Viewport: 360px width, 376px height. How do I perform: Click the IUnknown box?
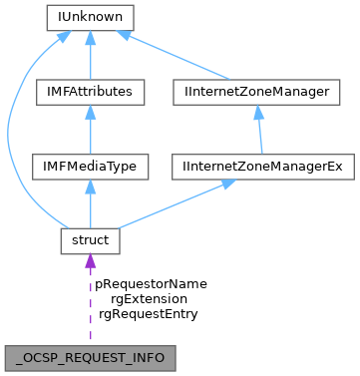coord(90,17)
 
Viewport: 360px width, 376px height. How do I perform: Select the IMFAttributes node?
coord(90,92)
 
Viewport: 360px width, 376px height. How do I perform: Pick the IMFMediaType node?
coord(90,166)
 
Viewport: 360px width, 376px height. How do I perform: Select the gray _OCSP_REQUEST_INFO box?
coord(90,356)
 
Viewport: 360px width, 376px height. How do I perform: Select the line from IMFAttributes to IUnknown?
coord(90,60)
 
